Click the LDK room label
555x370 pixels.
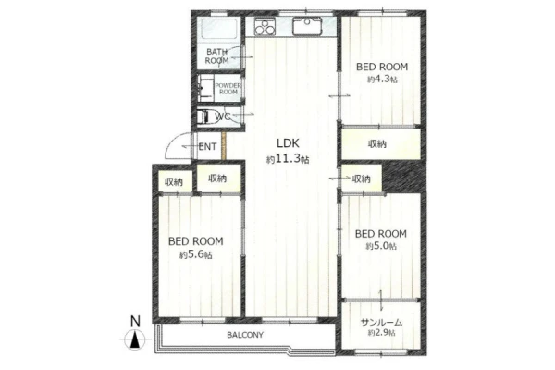288,143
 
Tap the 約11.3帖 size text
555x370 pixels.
288,159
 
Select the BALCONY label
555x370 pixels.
245,335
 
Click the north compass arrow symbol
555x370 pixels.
135,339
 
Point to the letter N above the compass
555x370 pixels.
135,321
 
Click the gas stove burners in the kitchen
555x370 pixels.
265,27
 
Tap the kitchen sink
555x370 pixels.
307,26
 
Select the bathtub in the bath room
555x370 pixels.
219,30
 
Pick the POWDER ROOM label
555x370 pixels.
228,89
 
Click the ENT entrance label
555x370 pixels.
207,146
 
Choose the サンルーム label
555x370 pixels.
381,322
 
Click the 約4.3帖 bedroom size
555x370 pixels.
382,79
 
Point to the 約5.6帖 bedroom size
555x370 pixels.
196,254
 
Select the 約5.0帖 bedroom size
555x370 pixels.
381,246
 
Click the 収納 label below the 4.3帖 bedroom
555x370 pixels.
377,143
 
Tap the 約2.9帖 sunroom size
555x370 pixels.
381,333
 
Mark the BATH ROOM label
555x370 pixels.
217,56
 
